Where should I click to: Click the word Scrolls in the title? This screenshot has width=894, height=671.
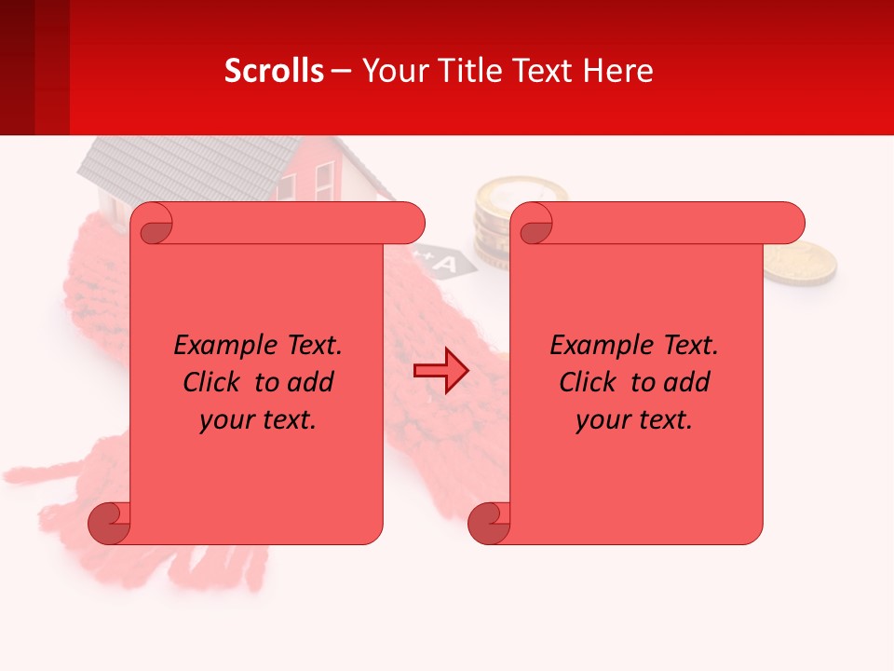[274, 71]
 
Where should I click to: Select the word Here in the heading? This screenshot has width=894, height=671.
[618, 71]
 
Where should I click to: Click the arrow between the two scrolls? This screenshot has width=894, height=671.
[440, 371]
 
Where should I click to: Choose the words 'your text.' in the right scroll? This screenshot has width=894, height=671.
[634, 420]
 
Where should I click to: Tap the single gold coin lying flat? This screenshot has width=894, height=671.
[800, 262]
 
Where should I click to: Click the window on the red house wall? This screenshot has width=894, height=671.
[324, 182]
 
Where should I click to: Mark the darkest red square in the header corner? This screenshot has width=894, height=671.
[17, 67]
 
